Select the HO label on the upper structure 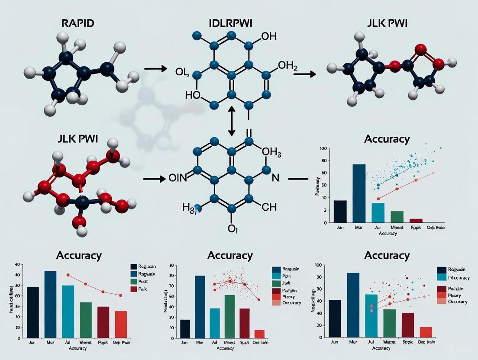click(x=193, y=95)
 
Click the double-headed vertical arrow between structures click(x=231, y=122)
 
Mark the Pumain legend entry click(x=457, y=288)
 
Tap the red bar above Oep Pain click(x=121, y=324)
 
